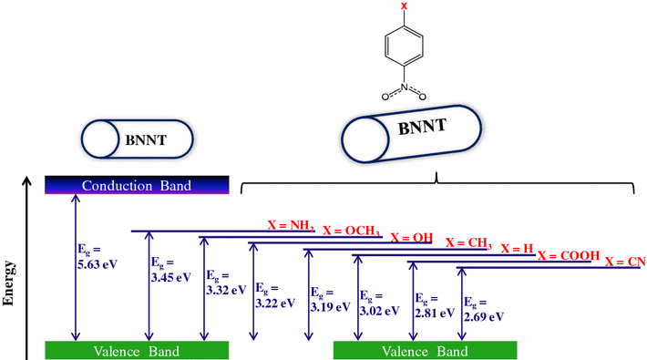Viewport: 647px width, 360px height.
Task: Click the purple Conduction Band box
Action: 137,186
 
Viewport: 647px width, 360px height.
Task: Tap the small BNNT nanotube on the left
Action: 137,139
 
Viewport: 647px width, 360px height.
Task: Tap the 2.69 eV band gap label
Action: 483,309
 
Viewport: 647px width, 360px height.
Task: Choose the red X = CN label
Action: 625,262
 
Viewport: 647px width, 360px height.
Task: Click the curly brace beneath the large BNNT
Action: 436,184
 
